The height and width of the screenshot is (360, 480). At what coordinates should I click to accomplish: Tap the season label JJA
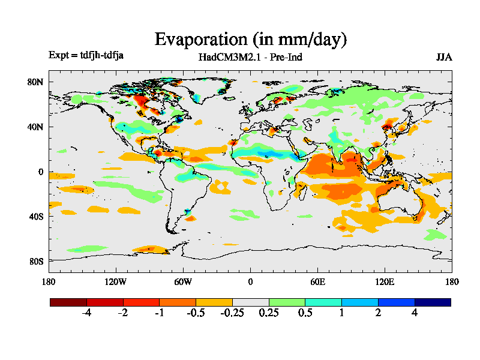pos(444,58)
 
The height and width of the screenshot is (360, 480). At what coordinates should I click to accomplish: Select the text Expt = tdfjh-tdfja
pos(86,56)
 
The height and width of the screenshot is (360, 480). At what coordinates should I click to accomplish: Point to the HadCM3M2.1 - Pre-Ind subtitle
pos(250,58)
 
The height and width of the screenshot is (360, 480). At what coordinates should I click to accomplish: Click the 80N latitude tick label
pos(37,82)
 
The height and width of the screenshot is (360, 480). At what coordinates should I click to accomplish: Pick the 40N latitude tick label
pos(37,127)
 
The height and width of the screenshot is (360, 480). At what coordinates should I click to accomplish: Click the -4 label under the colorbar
pos(86,313)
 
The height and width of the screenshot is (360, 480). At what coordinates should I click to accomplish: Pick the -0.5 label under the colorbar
pos(196,313)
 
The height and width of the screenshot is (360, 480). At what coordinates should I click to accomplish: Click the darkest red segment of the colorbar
pos(68,302)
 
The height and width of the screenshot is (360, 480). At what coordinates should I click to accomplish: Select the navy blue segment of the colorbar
pos(433,302)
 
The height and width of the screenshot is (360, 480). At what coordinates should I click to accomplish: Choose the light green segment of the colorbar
pos(287,302)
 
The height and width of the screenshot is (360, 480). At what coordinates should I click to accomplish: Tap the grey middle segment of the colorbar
pos(250,302)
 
